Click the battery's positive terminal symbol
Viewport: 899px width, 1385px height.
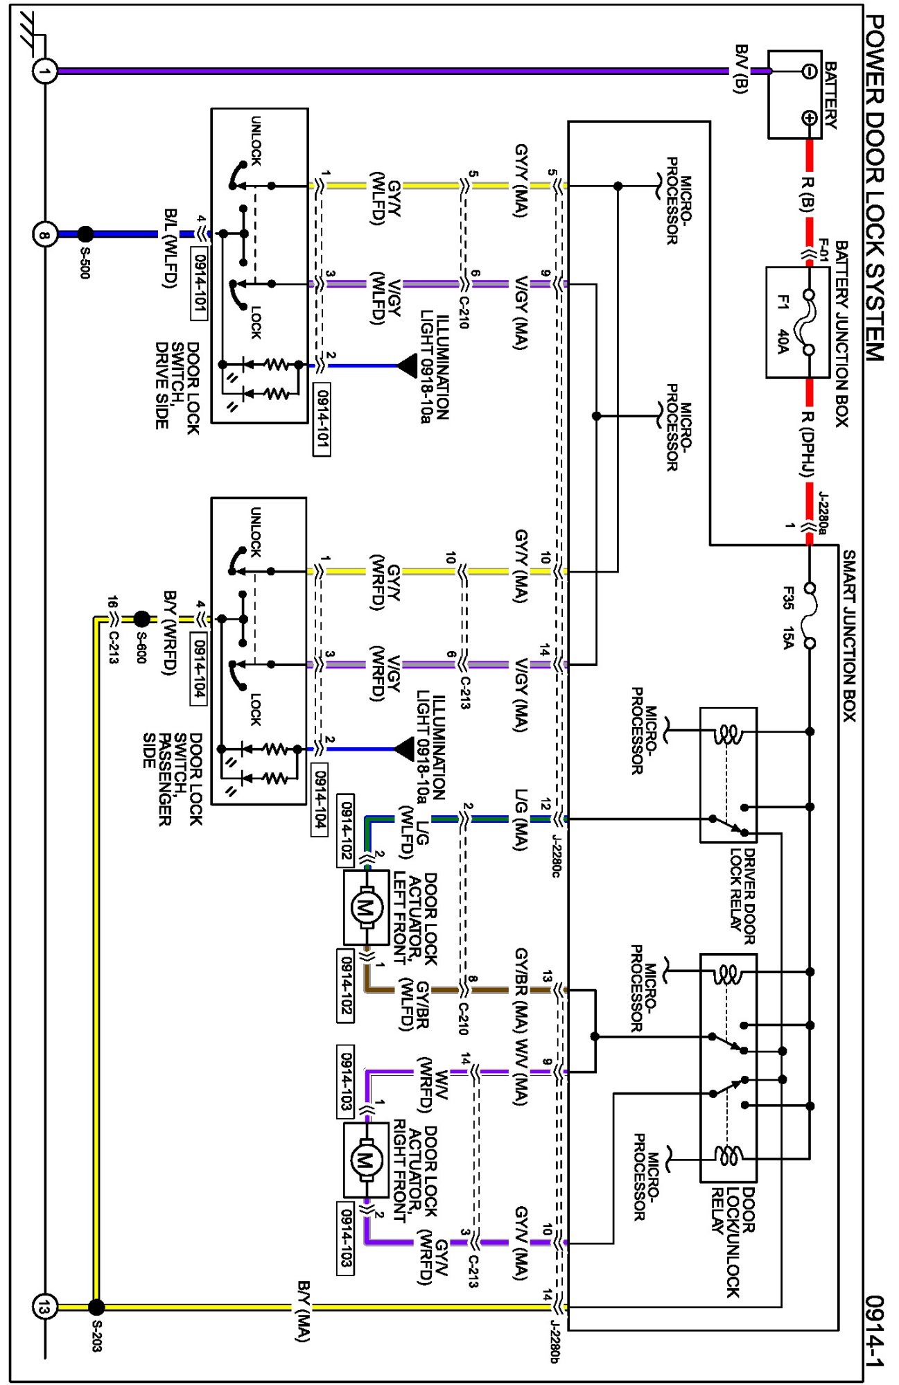pyautogui.click(x=809, y=118)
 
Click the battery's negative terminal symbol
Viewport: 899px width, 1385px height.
pyautogui.click(x=809, y=71)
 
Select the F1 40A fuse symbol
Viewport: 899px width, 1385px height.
pyautogui.click(x=808, y=322)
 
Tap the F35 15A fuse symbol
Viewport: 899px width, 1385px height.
pyautogui.click(x=809, y=616)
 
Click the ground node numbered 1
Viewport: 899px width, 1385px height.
pyautogui.click(x=45, y=71)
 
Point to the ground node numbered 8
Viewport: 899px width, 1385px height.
pyautogui.click(x=45, y=234)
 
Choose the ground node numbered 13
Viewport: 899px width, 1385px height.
pyautogui.click(x=45, y=1307)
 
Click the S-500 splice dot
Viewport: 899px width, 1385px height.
pyautogui.click(x=85, y=234)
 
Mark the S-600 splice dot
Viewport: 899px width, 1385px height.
pyautogui.click(x=141, y=618)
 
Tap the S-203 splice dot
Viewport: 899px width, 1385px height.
pyautogui.click(x=96, y=1307)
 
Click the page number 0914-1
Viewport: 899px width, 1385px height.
pyautogui.click(x=875, y=1330)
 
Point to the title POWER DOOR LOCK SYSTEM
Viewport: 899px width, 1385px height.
pyautogui.click(x=875, y=187)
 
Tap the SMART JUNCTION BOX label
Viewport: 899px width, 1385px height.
pyautogui.click(x=849, y=635)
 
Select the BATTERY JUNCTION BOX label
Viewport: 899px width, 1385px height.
pyautogui.click(x=841, y=333)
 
